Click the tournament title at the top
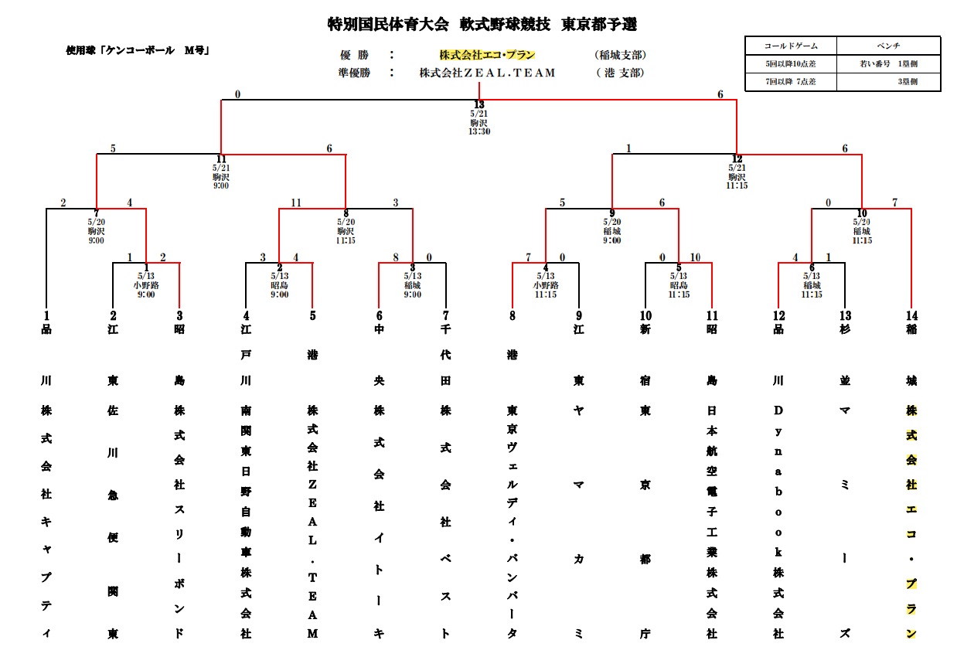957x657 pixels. click(482, 25)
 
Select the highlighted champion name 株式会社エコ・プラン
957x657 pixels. click(487, 55)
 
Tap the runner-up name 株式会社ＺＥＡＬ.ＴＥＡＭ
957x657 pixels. click(487, 73)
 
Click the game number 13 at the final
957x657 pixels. click(479, 105)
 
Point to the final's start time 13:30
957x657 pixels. click(479, 131)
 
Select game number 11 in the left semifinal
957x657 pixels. click(221, 159)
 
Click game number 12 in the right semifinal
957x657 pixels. click(737, 159)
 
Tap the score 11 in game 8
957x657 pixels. click(296, 203)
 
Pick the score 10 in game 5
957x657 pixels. click(695, 257)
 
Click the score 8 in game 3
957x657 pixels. click(395, 257)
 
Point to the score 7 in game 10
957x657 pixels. click(895, 203)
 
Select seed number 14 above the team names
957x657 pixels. click(911, 315)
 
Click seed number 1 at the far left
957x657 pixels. click(46, 315)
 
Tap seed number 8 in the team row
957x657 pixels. click(512, 315)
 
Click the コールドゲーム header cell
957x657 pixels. click(790, 46)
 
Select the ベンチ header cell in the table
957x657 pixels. click(888, 46)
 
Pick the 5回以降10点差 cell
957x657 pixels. click(790, 63)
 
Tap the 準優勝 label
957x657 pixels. click(355, 73)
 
